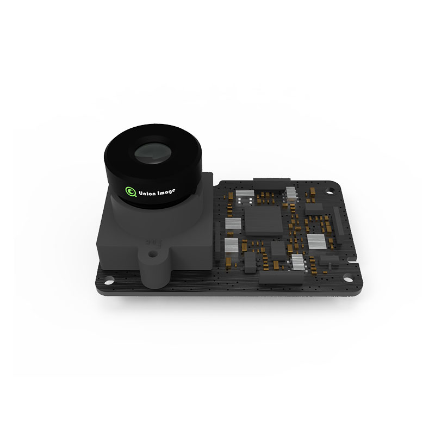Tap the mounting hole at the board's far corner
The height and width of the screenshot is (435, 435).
(330, 191)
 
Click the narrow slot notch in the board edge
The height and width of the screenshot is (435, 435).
(354, 263)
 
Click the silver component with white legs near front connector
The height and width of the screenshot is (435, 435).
(299, 262)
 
